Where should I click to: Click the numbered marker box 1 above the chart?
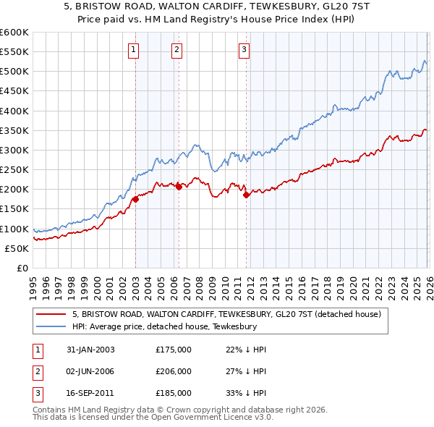point(135,49)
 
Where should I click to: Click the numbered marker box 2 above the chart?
point(177,49)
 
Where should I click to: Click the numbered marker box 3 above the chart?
point(244,49)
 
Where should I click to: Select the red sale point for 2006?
point(179,187)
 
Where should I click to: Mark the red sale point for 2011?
point(247,195)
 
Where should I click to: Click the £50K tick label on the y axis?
point(16,248)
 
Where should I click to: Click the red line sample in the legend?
point(52,314)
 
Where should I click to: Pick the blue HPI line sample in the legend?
point(52,326)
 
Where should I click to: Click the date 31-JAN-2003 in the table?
point(90,349)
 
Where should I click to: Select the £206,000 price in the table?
point(174,371)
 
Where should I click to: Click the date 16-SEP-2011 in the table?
point(90,394)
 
